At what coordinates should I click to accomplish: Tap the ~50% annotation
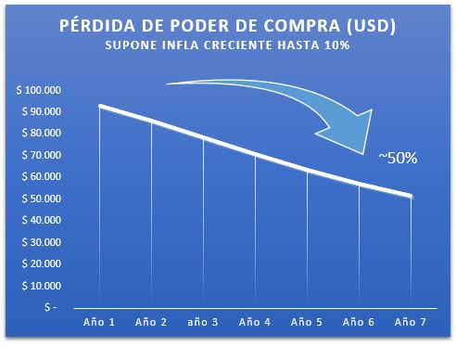(399, 158)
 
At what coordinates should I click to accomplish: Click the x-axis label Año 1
(99, 323)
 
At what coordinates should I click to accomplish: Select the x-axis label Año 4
(255, 323)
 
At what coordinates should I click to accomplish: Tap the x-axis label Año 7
(411, 323)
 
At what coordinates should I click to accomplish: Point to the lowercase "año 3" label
(203, 323)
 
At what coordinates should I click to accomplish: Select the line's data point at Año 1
(99, 107)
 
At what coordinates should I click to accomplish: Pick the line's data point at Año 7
(411, 197)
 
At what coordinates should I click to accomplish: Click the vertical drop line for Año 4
(255, 232)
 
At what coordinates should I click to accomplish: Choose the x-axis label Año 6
(359, 323)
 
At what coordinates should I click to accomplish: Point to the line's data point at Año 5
(307, 170)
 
